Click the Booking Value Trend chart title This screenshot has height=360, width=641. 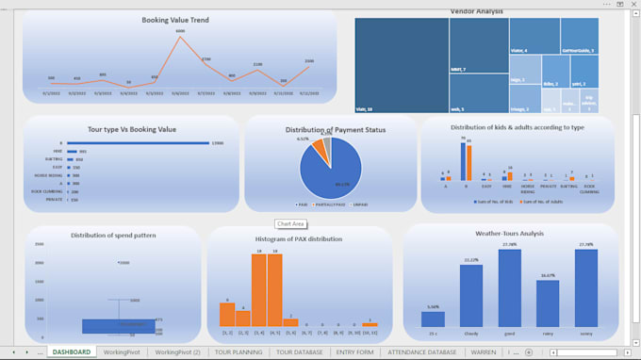pyautogui.click(x=175, y=19)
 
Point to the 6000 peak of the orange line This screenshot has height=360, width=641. pyautogui.click(x=180, y=36)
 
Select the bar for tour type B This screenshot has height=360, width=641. pyautogui.click(x=141, y=143)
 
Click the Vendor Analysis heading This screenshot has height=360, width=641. pyautogui.click(x=476, y=11)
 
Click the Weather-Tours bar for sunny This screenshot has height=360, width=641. pyautogui.click(x=586, y=287)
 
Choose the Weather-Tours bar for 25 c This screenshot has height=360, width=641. pyautogui.click(x=433, y=319)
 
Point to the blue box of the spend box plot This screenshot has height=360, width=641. pyautogui.click(x=119, y=325)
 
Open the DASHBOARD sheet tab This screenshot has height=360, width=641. pyautogui.click(x=72, y=352)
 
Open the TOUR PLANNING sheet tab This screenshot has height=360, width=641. pyautogui.click(x=238, y=352)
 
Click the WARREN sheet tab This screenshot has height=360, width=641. pyautogui.click(x=483, y=352)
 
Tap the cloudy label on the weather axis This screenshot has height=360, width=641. pyautogui.click(x=471, y=333)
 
